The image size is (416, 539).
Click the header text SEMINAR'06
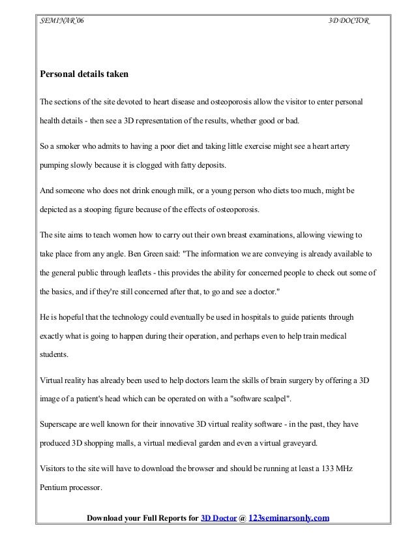[62, 22]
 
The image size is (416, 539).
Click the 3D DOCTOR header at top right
[348, 22]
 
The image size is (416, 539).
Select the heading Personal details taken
[84, 74]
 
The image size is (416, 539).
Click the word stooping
[96, 210]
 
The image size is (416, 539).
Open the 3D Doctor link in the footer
[219, 519]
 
